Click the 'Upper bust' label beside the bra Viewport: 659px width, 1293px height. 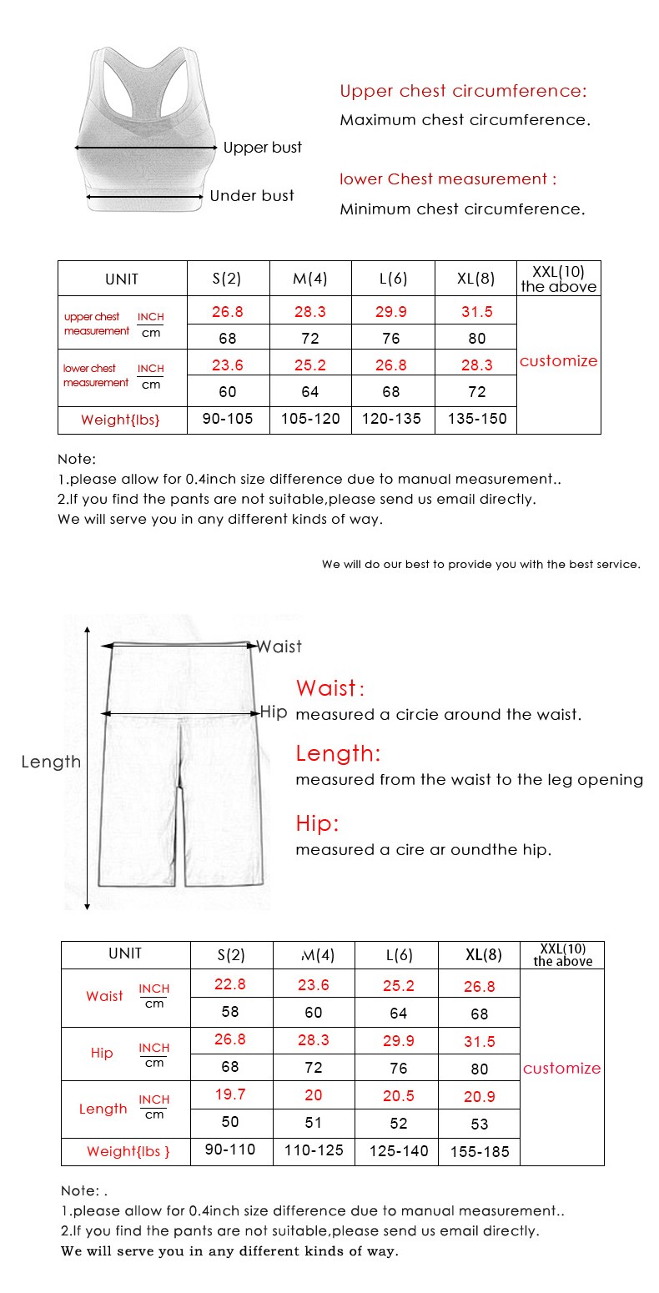tap(263, 148)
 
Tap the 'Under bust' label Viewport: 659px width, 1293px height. tap(252, 196)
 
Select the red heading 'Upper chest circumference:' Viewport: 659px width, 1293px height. tap(463, 91)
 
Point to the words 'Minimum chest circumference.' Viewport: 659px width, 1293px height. tap(462, 209)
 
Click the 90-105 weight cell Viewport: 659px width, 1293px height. tap(228, 419)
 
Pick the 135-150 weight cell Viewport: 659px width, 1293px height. tap(476, 419)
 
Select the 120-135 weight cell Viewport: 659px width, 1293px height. tap(391, 419)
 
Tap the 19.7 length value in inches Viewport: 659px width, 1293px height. tap(230, 1094)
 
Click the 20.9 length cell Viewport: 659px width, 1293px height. tap(480, 1097)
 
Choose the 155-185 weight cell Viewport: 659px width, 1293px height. tap(480, 1152)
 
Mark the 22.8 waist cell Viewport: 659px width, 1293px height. tap(230, 984)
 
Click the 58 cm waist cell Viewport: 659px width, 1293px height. tap(230, 1012)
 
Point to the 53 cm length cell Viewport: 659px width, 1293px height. tap(480, 1124)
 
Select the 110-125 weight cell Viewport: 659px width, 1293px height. tap(314, 1150)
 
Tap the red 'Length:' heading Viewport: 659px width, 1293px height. tap(338, 754)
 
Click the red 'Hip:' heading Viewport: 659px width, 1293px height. tap(318, 824)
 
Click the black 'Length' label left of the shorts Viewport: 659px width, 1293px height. tap(51, 762)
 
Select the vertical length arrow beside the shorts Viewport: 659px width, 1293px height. tap(87, 767)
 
